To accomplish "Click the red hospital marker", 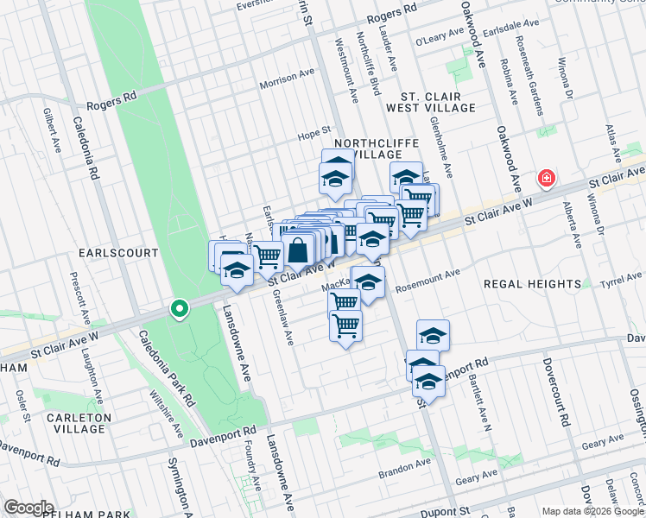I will click(x=546, y=179).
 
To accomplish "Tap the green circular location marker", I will click(x=180, y=308).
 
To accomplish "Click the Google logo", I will click(x=28, y=508).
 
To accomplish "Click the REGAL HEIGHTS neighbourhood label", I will click(x=531, y=284).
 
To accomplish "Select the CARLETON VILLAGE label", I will click(x=74, y=423).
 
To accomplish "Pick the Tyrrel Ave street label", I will click(x=624, y=278).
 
